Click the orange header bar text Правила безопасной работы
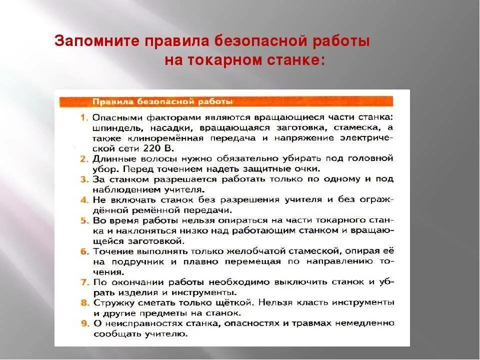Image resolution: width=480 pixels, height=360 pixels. click(162, 102)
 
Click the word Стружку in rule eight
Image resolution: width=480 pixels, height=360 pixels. click(111, 303)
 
